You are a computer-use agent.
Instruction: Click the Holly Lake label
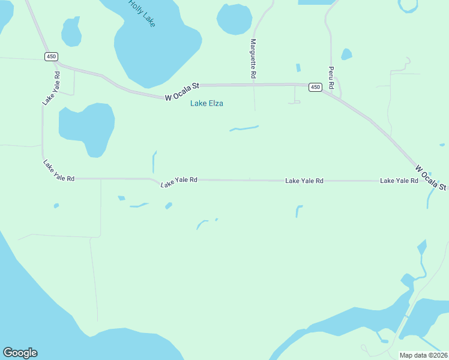pyautogui.click(x=142, y=13)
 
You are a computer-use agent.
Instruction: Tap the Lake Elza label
pyautogui.click(x=206, y=103)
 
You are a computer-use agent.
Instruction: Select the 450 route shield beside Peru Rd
pyautogui.click(x=315, y=87)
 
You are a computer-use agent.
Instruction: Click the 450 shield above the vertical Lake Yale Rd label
pyautogui.click(x=51, y=56)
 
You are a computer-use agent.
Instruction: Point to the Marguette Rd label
pyautogui.click(x=253, y=59)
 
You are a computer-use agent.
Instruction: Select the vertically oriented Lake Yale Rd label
pyautogui.click(x=52, y=89)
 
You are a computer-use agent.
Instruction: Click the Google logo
pyautogui.click(x=20, y=353)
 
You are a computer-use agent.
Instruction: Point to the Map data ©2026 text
pyautogui.click(x=423, y=355)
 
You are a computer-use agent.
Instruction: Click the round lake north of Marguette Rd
pyautogui.click(x=234, y=19)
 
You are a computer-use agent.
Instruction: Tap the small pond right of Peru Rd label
pyautogui.click(x=346, y=55)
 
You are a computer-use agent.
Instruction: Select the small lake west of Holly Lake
pyautogui.click(x=71, y=31)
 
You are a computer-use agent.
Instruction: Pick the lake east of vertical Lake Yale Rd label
pyautogui.click(x=86, y=128)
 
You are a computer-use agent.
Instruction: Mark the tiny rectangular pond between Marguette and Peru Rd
pyautogui.click(x=298, y=68)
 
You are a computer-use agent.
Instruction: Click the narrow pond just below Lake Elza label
pyautogui.click(x=244, y=128)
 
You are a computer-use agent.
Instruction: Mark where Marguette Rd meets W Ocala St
pyautogui.click(x=255, y=85)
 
